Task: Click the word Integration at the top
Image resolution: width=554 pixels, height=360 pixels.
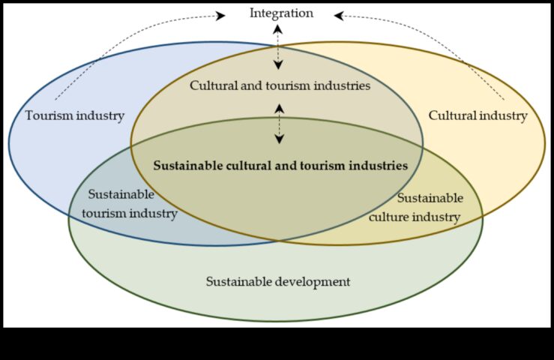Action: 281,13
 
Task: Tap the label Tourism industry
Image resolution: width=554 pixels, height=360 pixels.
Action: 74,115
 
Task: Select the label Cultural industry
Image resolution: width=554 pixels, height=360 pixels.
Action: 478,115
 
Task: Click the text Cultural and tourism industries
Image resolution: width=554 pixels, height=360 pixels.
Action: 280,85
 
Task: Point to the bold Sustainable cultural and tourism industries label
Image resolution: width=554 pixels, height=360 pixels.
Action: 280,166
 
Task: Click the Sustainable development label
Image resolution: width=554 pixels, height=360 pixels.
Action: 278,282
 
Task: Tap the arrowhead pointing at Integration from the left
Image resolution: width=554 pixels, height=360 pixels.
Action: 220,14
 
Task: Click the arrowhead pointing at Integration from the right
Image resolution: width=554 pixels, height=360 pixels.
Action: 339,14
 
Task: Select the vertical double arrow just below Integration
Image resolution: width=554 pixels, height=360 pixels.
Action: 278,46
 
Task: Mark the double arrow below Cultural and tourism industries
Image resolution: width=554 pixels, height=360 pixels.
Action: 280,124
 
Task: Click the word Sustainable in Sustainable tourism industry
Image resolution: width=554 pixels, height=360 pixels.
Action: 121,194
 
